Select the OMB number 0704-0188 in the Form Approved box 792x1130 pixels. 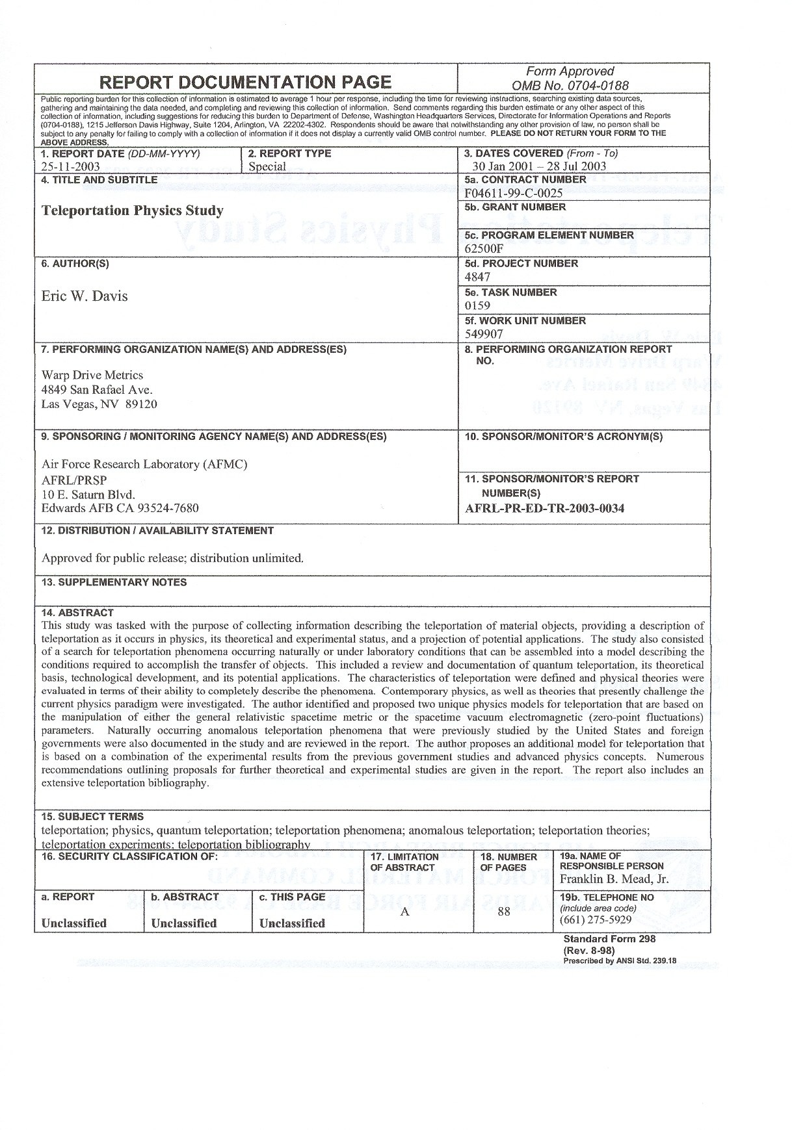pyautogui.click(x=570, y=85)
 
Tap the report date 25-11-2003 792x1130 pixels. pyautogui.click(x=70, y=166)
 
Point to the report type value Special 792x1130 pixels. pyautogui.click(x=267, y=166)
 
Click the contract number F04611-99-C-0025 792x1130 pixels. pyautogui.click(x=514, y=193)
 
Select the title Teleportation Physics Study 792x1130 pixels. pyautogui.click(x=132, y=211)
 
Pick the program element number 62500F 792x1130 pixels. pyautogui.click(x=484, y=249)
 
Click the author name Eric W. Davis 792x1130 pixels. pyautogui.click(x=85, y=296)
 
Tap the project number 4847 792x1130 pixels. pyautogui.click(x=478, y=277)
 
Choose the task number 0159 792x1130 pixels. pyautogui.click(x=478, y=305)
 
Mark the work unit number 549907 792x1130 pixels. pyautogui.click(x=484, y=334)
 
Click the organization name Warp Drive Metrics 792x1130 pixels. pyautogui.click(x=92, y=375)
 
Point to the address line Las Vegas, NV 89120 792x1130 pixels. pyautogui.click(x=99, y=404)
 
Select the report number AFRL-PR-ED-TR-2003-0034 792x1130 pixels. pyautogui.click(x=545, y=508)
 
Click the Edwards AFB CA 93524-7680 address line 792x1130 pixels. pyautogui.click(x=120, y=508)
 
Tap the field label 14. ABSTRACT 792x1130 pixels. pyautogui.click(x=77, y=612)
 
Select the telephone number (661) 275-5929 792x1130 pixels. pyautogui.click(x=596, y=920)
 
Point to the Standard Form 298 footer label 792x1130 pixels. pyautogui.click(x=609, y=938)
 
